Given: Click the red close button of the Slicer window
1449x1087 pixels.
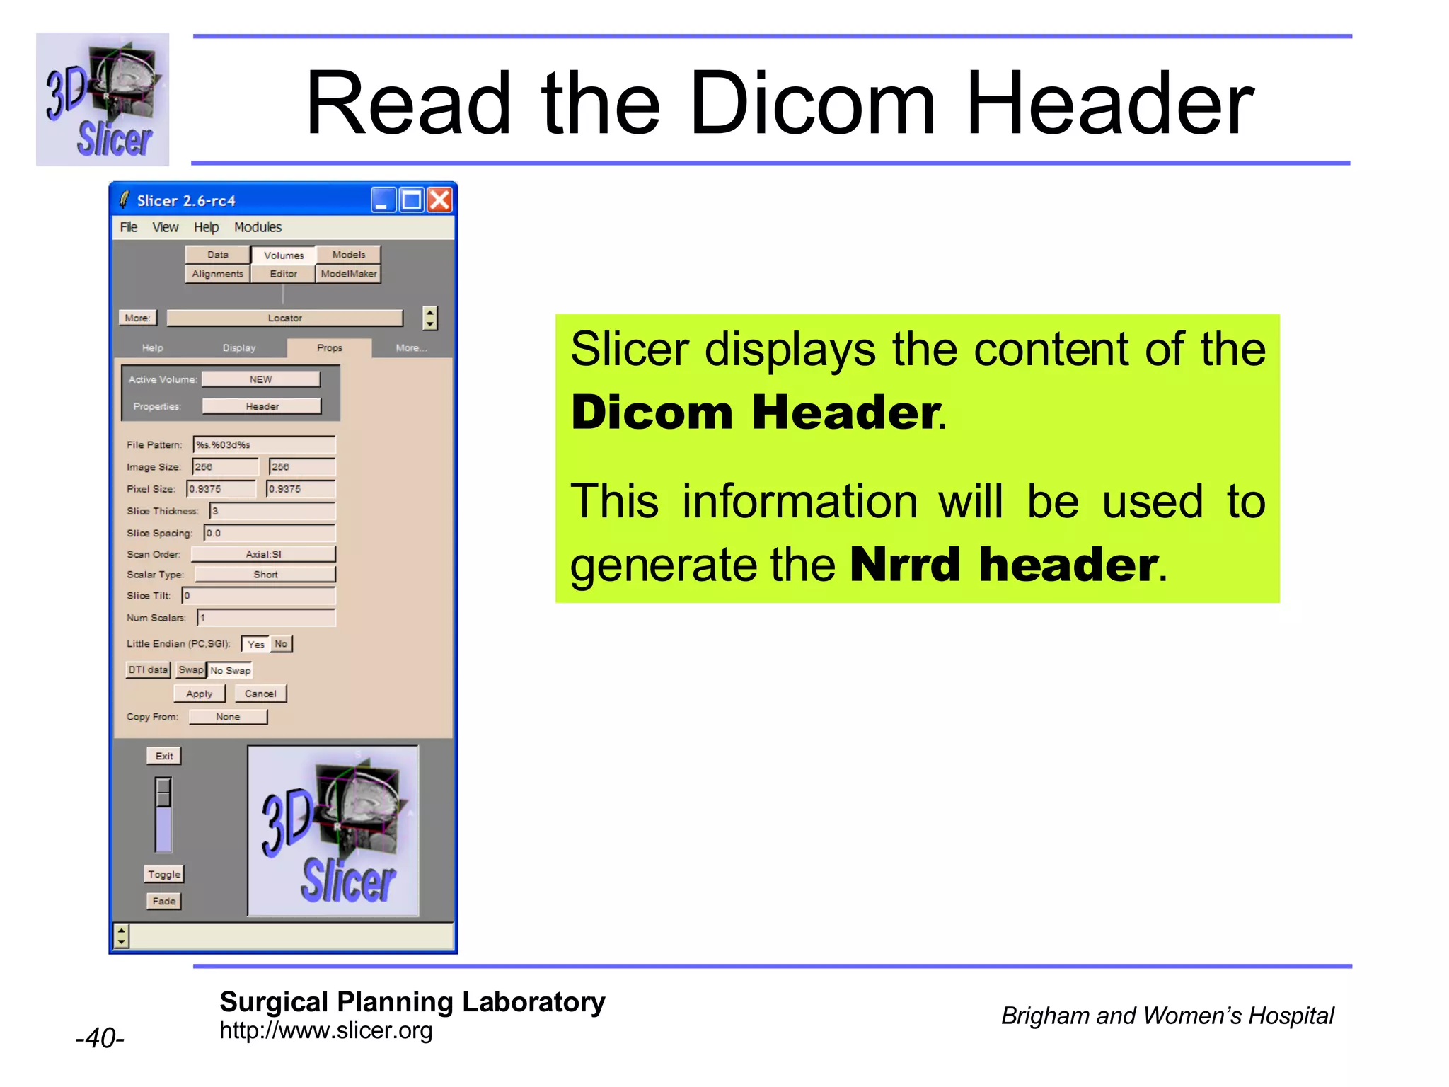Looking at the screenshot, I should click(x=439, y=200).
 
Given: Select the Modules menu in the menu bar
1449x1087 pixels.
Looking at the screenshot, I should click(x=258, y=227).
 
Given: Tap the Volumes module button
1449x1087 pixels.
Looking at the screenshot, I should click(x=283, y=255).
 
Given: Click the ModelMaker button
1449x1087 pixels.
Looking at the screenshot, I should click(x=348, y=274).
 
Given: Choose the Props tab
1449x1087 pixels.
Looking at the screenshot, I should click(x=330, y=348).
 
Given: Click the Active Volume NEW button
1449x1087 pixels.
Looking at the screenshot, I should click(x=260, y=379).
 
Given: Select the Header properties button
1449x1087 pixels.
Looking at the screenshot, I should click(x=262, y=406).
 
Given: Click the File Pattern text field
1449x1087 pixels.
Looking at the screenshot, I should click(x=264, y=444).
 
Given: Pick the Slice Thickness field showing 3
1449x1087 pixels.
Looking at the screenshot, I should click(x=272, y=511).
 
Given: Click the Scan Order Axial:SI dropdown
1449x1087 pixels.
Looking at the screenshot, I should click(x=263, y=554).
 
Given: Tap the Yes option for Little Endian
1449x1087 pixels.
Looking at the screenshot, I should click(x=255, y=644).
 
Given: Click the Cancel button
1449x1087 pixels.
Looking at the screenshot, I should click(x=260, y=694).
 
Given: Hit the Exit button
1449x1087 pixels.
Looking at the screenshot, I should click(x=164, y=756).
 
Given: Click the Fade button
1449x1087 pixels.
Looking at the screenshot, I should click(x=164, y=901).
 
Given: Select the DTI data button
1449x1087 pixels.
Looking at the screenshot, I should click(x=148, y=669).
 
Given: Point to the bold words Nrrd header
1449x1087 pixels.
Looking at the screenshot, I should click(x=1004, y=565).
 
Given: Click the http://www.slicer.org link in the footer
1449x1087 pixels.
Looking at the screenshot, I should click(x=325, y=1031).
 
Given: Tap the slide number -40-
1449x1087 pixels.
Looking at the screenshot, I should click(x=100, y=1038).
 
